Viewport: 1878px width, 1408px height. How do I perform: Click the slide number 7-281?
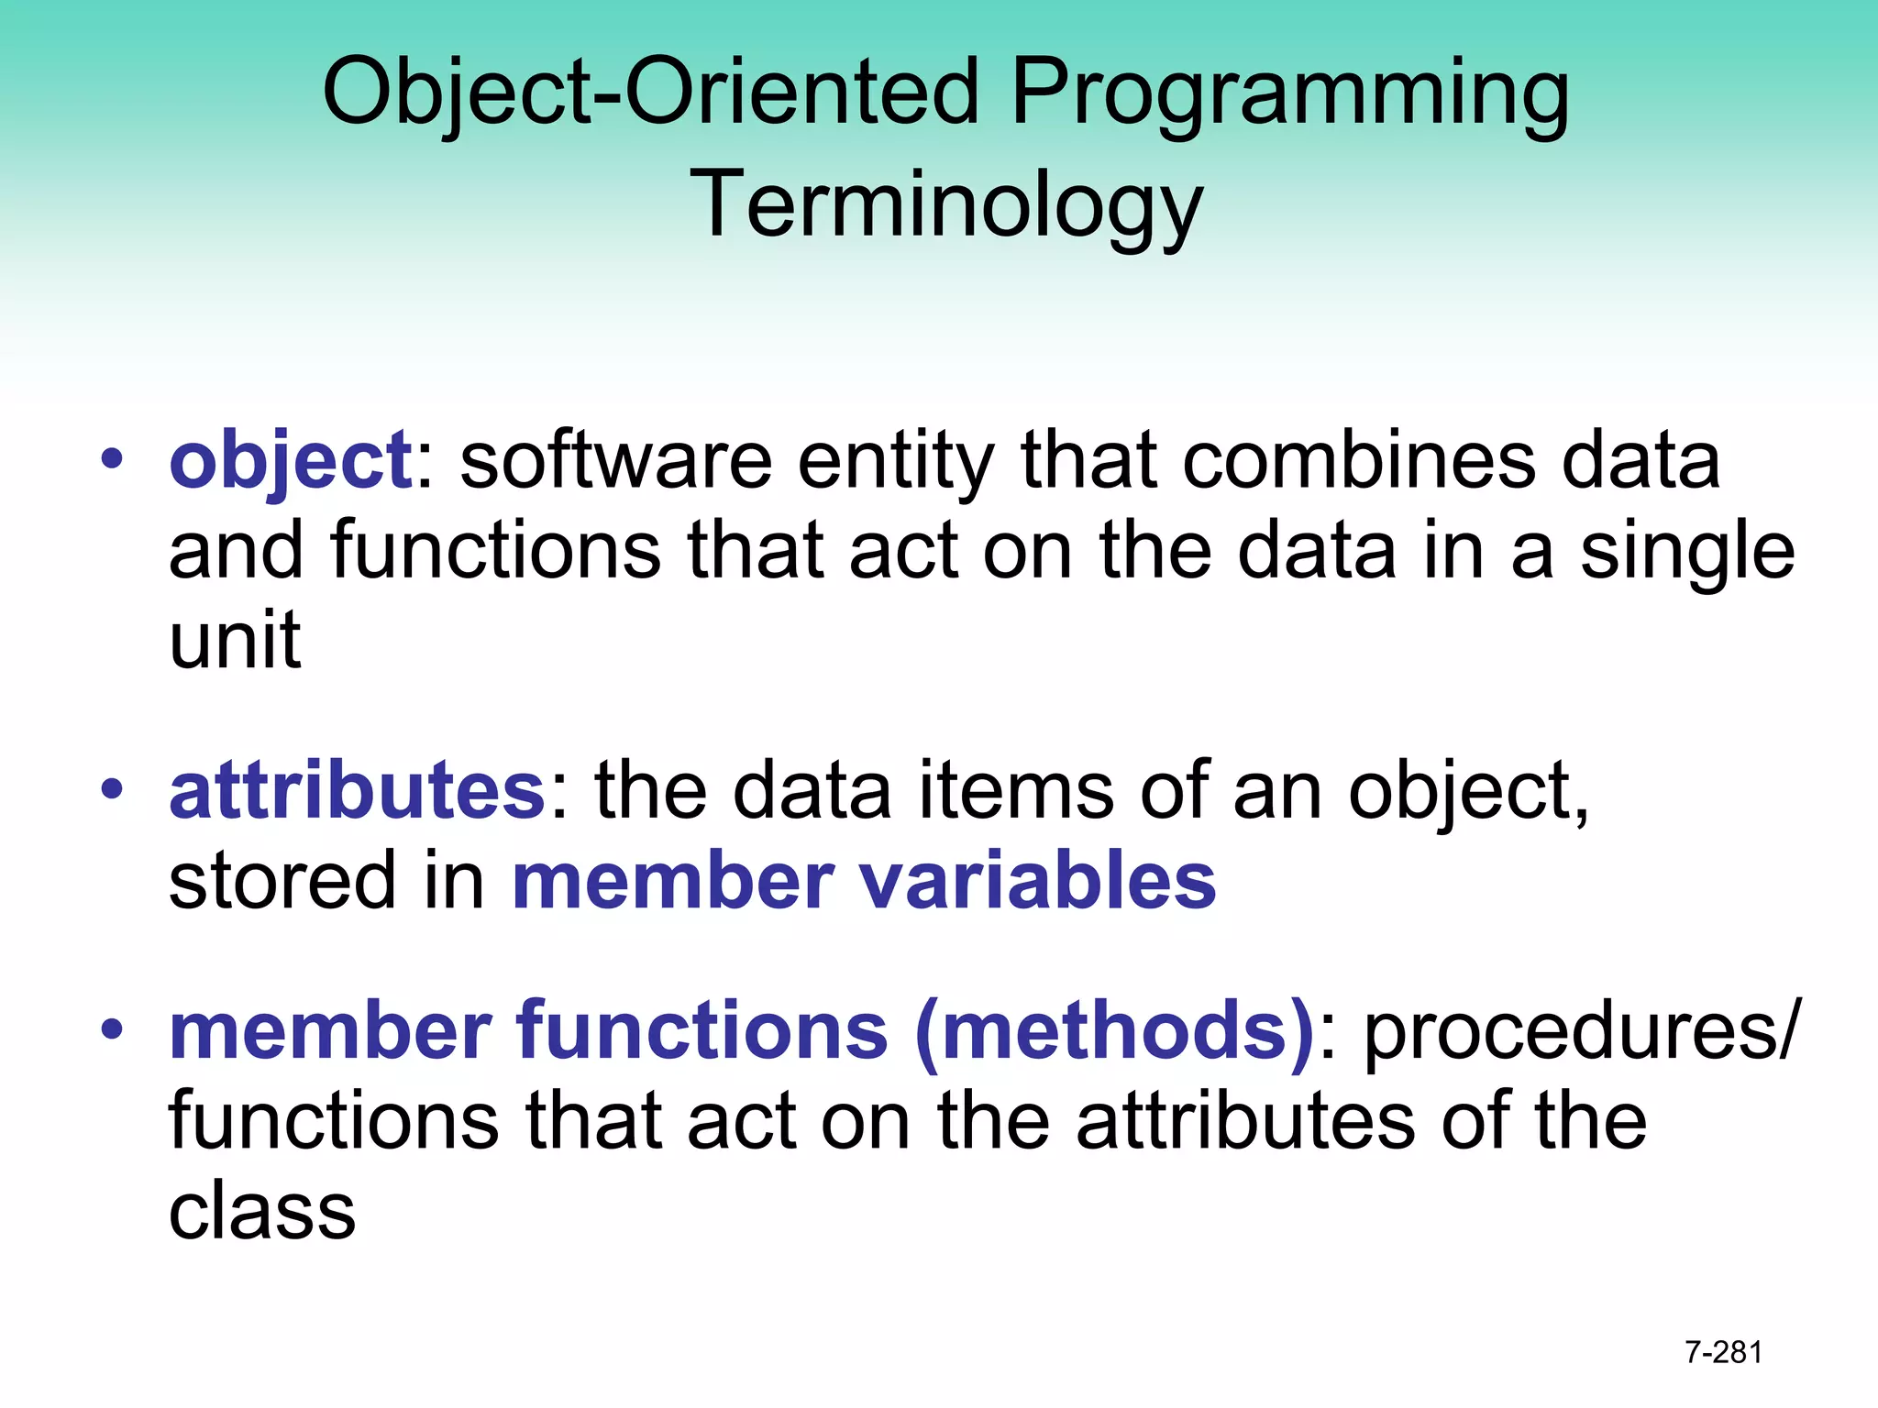pyautogui.click(x=1723, y=1352)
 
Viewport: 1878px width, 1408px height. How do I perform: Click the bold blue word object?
pyautogui.click(x=291, y=461)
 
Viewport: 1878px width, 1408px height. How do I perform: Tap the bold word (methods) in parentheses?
pyautogui.click(x=1115, y=1030)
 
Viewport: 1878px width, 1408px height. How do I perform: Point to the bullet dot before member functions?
pyautogui.click(x=112, y=1028)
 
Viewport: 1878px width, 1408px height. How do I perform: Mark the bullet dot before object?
pyautogui.click(x=112, y=458)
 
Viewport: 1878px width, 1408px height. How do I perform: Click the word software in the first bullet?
pyautogui.click(x=615, y=461)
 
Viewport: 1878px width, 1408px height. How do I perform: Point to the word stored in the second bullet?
pyautogui.click(x=282, y=881)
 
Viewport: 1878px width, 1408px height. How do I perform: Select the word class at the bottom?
pyautogui.click(x=262, y=1212)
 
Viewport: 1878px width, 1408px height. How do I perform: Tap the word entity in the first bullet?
pyautogui.click(x=895, y=461)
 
